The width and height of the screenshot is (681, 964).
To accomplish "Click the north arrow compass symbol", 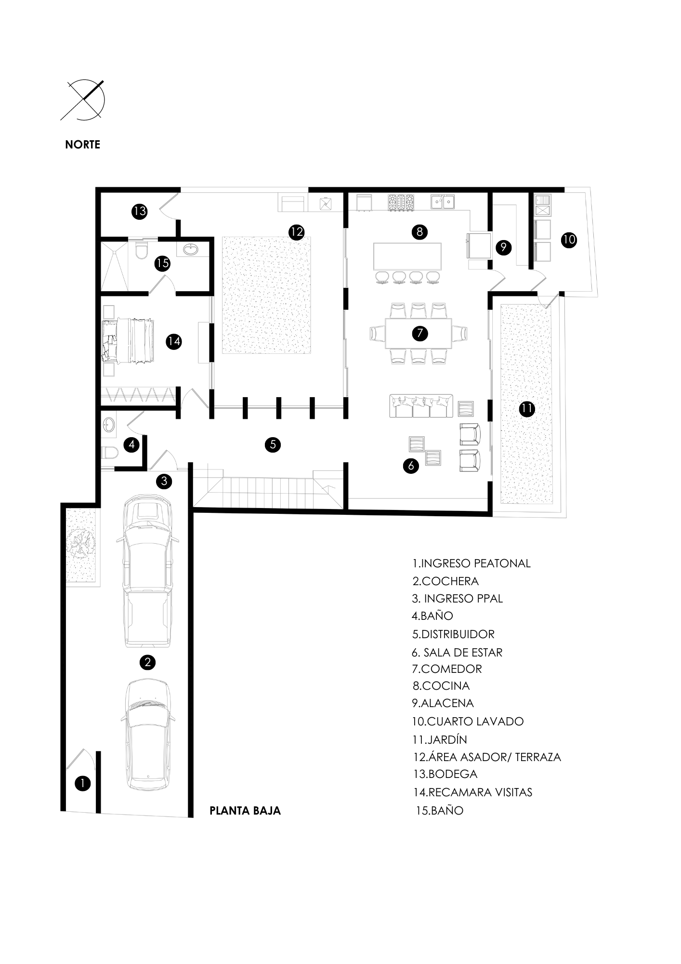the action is (85, 100).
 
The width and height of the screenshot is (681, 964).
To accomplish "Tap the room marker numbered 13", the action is (140, 211).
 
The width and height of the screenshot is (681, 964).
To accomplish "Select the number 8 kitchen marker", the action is (419, 232).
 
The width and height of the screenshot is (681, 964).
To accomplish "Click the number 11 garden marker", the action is (527, 409).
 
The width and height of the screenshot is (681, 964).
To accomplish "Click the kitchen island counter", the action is (407, 256).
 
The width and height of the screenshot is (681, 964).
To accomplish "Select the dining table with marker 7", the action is (419, 333).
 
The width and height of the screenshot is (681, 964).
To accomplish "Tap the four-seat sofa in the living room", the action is (421, 406).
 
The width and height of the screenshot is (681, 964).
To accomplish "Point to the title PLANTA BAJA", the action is (245, 811).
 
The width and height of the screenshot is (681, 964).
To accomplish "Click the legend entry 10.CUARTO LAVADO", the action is (468, 721).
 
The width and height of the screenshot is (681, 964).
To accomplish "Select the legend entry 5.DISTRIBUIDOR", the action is (453, 634).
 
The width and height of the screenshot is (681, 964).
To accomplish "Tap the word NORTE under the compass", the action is (83, 145).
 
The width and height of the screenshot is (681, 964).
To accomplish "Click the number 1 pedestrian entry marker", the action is (83, 784).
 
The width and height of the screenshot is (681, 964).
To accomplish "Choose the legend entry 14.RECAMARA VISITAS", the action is (473, 792).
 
